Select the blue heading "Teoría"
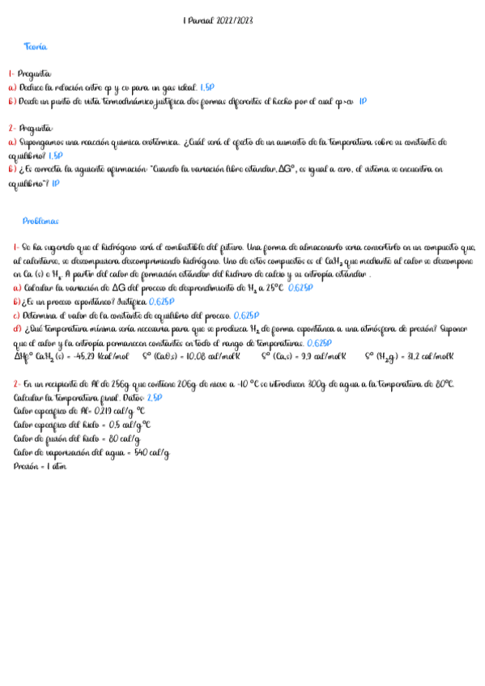click(x=36, y=47)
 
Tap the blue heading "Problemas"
click(x=40, y=221)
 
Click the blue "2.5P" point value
click(x=155, y=398)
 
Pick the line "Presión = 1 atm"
click(x=40, y=467)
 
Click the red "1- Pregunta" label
click(x=30, y=73)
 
